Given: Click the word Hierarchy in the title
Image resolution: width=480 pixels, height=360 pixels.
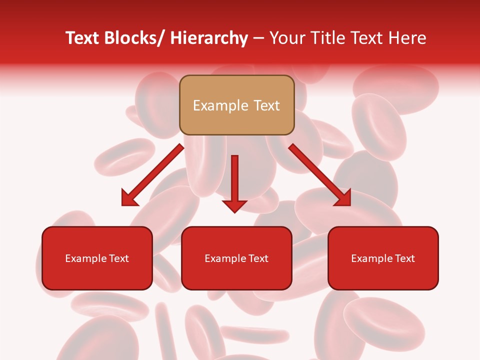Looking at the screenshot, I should (x=209, y=38).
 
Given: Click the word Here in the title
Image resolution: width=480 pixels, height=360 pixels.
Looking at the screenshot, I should (x=407, y=38).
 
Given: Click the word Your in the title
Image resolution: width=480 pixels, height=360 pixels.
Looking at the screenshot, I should (x=286, y=38).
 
